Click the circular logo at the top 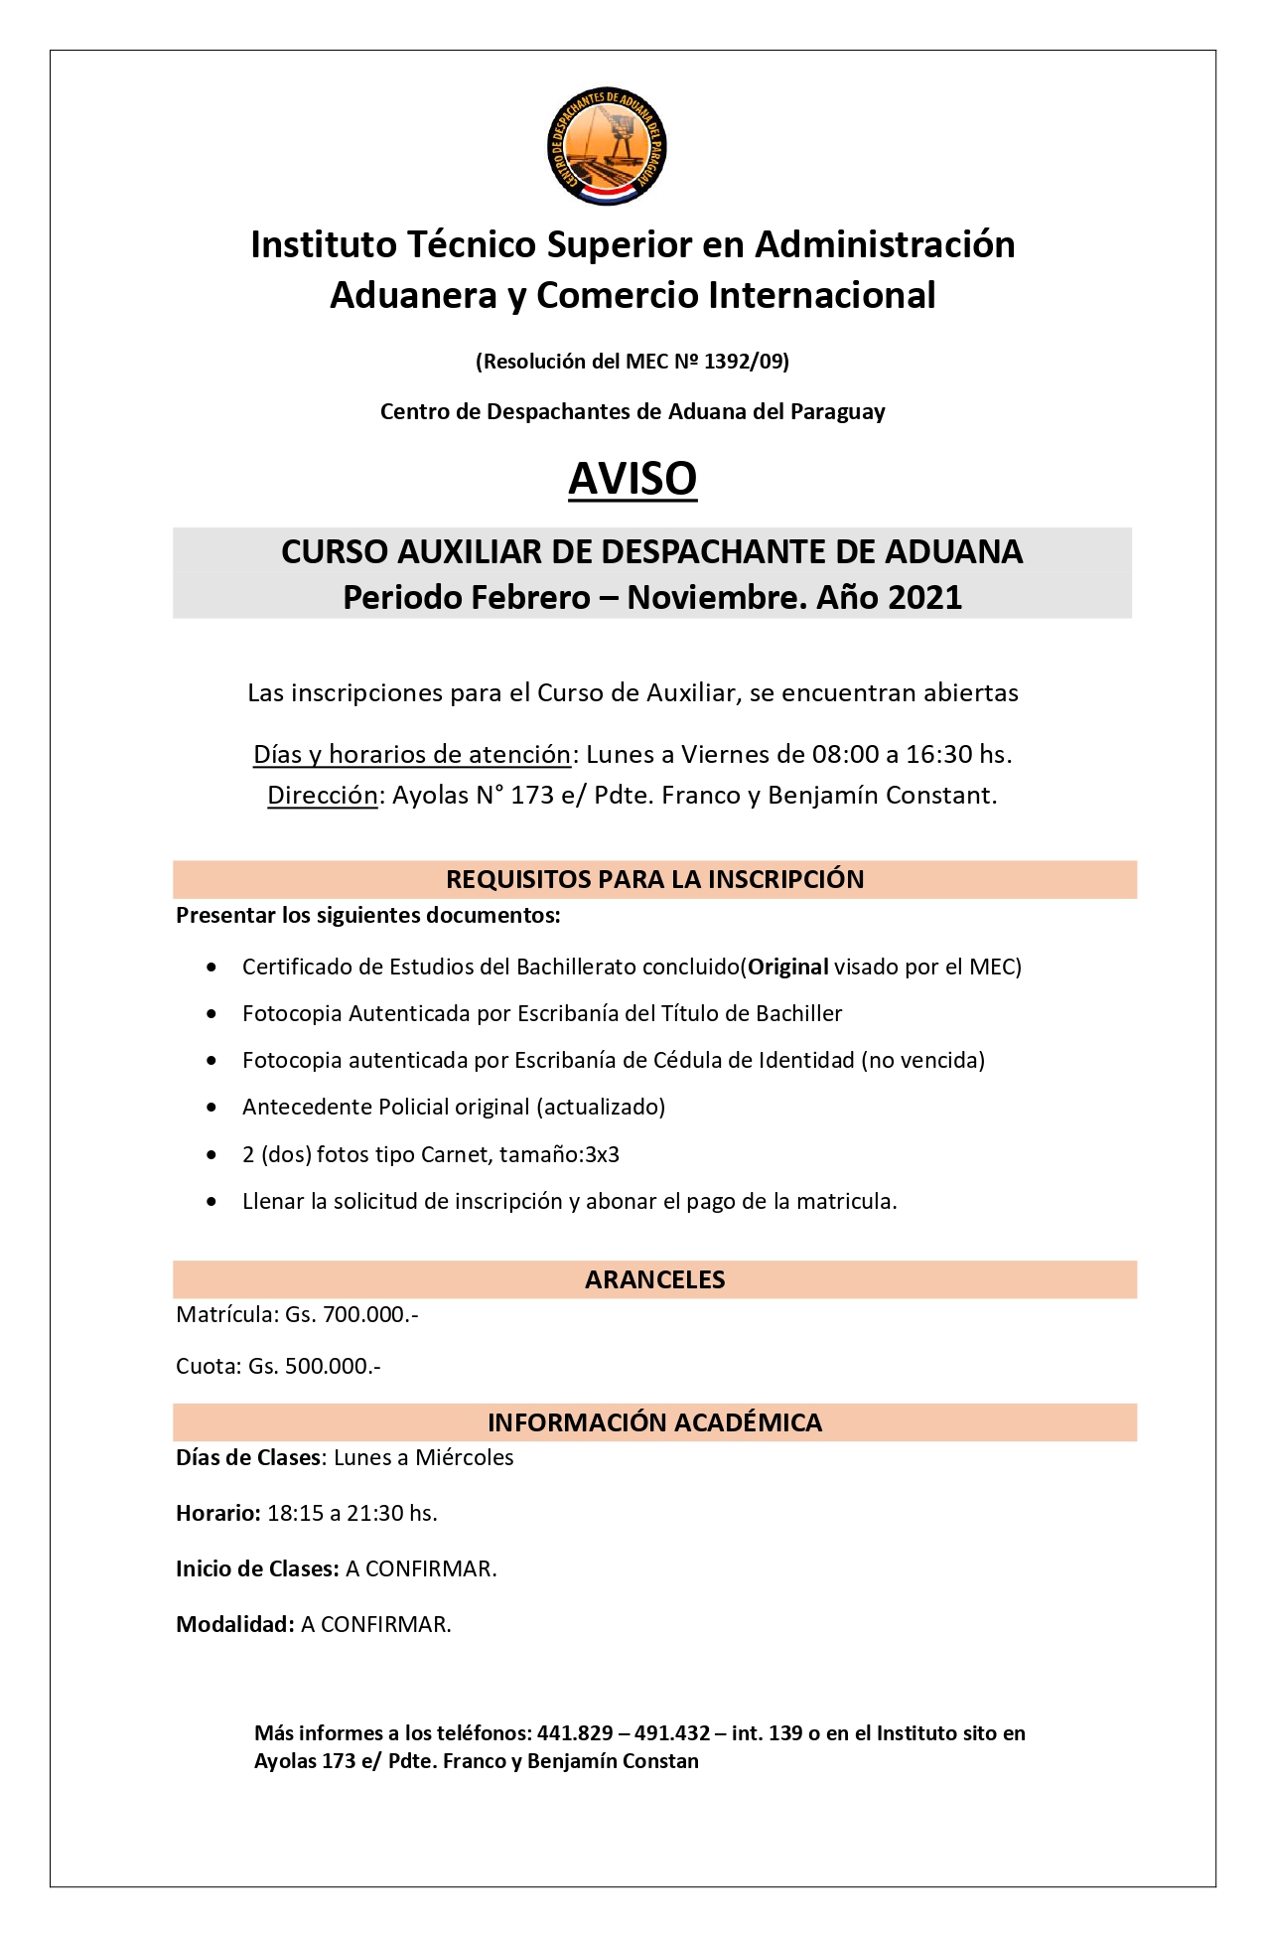(x=607, y=146)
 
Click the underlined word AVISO (x=633, y=479)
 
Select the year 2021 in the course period (x=924, y=598)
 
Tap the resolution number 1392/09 (x=744, y=362)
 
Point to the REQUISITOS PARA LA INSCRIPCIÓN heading (x=654, y=879)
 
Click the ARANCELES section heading (x=654, y=1279)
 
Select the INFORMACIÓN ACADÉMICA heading (x=654, y=1422)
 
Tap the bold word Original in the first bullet (x=788, y=967)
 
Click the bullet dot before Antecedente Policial (x=211, y=1108)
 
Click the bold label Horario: (x=218, y=1513)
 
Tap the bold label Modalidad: (x=235, y=1624)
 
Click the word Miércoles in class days (x=464, y=1457)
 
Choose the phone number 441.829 (x=575, y=1733)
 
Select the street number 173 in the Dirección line (x=531, y=796)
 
